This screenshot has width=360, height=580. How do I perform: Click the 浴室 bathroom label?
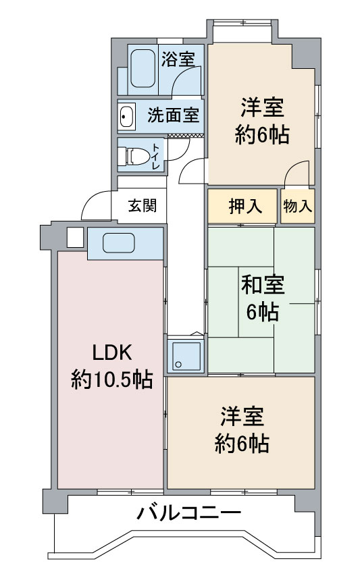click(178, 59)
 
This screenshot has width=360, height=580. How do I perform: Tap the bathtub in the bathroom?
click(141, 68)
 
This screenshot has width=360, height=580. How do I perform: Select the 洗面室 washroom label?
click(173, 115)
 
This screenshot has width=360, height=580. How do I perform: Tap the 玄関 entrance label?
click(143, 205)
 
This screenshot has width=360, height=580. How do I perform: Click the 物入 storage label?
click(298, 207)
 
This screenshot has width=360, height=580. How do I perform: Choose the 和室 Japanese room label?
click(263, 284)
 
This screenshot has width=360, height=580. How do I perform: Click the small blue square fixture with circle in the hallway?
click(184, 356)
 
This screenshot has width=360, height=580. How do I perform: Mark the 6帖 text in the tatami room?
click(263, 313)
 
